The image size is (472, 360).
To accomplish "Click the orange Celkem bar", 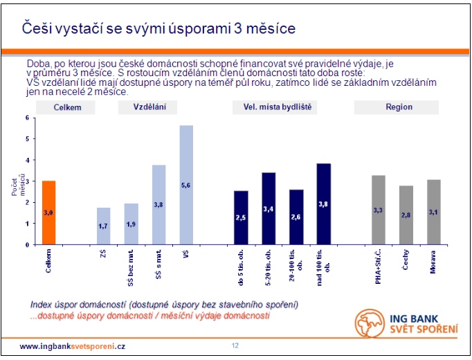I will point(48,213).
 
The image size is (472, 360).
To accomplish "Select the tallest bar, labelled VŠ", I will point(186,185).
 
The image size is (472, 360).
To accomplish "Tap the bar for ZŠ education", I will point(103,226).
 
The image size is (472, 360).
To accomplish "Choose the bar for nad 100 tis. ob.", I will point(324,204).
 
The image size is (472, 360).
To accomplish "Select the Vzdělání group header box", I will point(147,107).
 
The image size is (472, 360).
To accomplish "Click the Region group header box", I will point(399,107).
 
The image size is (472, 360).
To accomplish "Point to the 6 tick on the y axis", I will point(28,118).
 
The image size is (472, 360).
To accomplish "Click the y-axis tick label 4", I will point(28,160).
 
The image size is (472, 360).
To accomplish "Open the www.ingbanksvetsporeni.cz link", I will point(72,345).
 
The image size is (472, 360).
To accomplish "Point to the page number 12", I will point(235,345).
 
